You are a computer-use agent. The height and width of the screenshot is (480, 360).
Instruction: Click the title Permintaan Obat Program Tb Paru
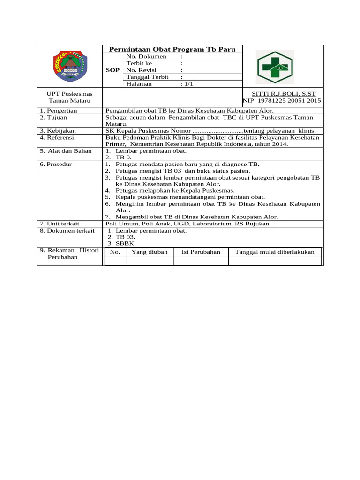172,49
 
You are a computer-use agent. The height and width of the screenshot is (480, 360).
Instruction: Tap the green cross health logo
275,67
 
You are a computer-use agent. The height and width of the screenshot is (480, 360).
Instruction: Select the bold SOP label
112,70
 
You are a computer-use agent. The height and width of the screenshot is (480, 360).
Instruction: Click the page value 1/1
188,84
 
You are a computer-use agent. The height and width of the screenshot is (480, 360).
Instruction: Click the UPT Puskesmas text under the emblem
69,94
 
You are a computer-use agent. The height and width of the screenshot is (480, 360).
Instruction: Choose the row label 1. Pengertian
59,110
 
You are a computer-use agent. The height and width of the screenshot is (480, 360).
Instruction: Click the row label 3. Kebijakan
58,130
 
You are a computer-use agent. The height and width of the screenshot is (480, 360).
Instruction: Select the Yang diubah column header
150,252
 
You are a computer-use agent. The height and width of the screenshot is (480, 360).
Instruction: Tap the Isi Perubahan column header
201,252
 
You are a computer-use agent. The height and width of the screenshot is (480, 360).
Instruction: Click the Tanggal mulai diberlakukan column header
274,252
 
